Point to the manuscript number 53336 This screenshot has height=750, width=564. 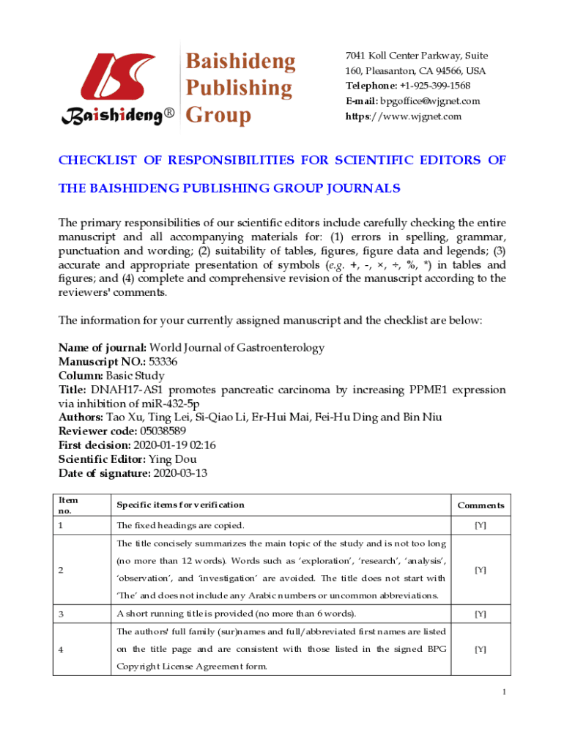[163, 362]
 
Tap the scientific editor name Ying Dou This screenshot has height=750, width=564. [173, 459]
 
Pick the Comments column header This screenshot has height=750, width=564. [480, 505]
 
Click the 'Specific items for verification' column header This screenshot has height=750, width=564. [180, 505]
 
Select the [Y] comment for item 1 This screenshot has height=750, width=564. [480, 526]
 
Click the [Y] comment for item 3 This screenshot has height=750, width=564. [480, 614]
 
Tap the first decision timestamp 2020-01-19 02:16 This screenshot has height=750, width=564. [174, 445]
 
